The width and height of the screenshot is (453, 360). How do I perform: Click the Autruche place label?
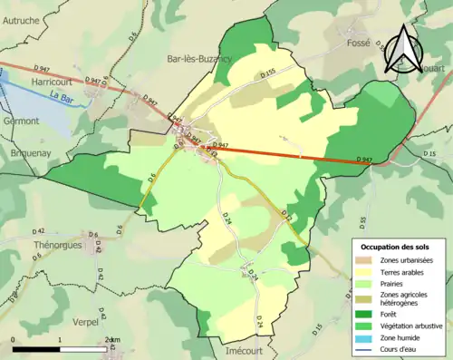click(21, 19)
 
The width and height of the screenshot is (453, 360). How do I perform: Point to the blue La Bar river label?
click(63, 95)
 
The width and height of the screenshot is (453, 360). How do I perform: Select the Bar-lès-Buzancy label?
click(199, 58)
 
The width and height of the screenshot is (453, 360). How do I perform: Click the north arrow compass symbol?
click(400, 50)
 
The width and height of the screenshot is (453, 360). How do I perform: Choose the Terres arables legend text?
click(404, 271)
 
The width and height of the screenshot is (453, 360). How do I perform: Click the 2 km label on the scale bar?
click(110, 339)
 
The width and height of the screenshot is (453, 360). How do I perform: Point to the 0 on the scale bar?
click(14, 339)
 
